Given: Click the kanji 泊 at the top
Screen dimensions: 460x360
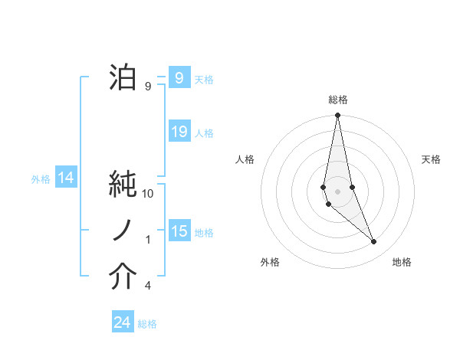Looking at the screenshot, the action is [x=123, y=78].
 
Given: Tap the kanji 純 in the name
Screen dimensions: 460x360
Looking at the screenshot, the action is [x=123, y=185].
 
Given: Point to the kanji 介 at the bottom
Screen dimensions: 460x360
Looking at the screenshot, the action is [x=123, y=277].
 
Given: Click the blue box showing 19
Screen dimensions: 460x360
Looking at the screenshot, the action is [x=179, y=132].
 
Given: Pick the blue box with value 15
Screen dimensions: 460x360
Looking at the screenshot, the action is [x=179, y=231].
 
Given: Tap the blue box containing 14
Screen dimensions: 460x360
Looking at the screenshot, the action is [x=66, y=178].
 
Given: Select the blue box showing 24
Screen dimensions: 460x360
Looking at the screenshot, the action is [x=123, y=322].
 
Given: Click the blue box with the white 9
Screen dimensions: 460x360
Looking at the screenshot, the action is [x=179, y=78].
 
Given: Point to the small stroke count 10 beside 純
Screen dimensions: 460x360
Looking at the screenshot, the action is [x=148, y=194].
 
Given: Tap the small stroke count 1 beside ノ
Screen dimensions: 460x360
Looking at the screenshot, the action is [x=148, y=240].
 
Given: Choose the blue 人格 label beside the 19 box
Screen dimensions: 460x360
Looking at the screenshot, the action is [x=204, y=133].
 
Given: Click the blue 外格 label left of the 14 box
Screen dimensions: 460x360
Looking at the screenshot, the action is [x=41, y=179].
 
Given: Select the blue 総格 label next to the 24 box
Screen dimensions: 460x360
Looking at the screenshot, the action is [x=147, y=324].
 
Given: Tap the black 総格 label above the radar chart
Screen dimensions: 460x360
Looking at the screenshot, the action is [x=337, y=100].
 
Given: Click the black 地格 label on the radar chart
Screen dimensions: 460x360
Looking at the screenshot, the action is [x=402, y=263].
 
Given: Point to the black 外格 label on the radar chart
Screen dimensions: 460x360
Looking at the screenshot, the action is [x=270, y=263].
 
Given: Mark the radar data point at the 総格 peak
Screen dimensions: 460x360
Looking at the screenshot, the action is [x=337, y=116].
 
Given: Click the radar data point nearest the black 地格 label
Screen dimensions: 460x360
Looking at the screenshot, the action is [x=374, y=242].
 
